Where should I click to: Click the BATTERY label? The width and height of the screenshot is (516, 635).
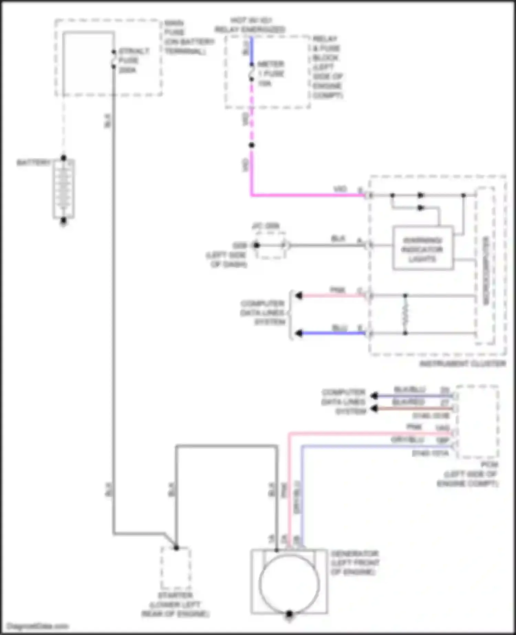[x=33, y=162]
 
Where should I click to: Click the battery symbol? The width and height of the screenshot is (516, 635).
[x=64, y=189]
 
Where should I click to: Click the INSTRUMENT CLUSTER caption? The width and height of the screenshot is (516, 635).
[x=462, y=364]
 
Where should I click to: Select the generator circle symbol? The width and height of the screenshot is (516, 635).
[x=289, y=583]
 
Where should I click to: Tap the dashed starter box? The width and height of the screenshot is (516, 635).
[x=176, y=568]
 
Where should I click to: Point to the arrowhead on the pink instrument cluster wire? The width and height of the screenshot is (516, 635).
[x=299, y=295]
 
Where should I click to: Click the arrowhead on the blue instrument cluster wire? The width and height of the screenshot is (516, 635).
[x=299, y=333]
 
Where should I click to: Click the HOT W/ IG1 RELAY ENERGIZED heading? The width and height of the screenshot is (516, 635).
[x=250, y=25]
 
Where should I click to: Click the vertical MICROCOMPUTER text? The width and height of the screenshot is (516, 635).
[x=486, y=270]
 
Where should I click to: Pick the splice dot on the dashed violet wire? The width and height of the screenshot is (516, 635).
[x=252, y=145]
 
